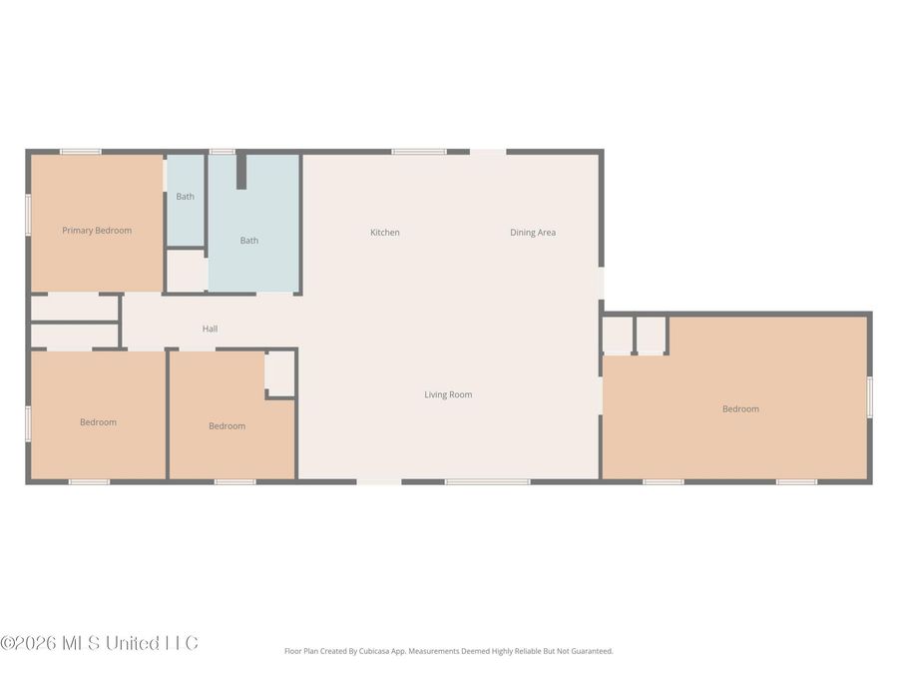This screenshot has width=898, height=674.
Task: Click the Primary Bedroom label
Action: coord(97,231)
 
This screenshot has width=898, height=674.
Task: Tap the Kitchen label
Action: coord(385,233)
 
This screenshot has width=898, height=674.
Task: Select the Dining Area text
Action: coord(533,233)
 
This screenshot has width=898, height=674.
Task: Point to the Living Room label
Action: coord(448,394)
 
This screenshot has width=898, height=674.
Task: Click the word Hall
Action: coord(210,329)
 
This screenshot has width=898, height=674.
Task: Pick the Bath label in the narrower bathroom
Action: coord(186,197)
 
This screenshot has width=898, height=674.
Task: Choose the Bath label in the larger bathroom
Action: coord(249,241)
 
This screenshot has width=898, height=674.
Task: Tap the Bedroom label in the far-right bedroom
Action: coord(740,408)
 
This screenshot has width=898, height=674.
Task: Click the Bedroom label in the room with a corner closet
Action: coord(226,426)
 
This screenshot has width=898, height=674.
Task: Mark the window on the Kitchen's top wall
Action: coord(418,152)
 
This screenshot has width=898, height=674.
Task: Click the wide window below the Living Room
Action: coord(487,482)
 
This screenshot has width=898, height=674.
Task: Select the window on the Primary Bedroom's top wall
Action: coord(80,152)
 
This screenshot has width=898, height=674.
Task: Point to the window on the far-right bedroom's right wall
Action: coord(869,396)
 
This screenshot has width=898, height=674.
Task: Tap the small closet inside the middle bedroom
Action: coord(280,373)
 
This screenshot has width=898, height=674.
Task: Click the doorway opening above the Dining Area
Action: coord(488,152)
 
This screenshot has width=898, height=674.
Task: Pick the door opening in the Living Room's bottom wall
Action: coord(379,482)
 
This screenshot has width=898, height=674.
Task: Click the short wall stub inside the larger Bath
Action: coord(240,171)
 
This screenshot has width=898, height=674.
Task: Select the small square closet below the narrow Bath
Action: coord(186,271)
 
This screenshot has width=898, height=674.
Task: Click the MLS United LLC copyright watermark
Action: coord(100,642)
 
